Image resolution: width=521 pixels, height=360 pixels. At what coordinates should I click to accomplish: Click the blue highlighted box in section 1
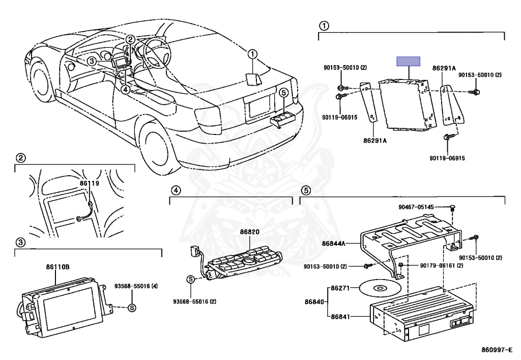(x=408, y=61)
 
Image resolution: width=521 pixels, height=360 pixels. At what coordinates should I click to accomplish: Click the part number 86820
(x=250, y=232)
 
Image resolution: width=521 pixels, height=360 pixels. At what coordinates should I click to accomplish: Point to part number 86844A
(x=333, y=244)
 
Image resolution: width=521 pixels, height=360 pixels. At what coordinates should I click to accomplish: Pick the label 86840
(x=314, y=302)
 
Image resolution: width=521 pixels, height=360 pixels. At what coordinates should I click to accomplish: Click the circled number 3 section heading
(x=19, y=241)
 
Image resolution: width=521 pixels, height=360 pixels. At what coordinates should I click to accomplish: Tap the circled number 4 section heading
(x=175, y=190)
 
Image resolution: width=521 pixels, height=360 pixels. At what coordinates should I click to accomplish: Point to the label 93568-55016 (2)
(x=195, y=301)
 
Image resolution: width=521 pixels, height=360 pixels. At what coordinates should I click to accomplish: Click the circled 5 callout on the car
(x=283, y=92)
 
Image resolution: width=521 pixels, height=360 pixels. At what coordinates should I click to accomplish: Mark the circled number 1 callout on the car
(x=253, y=53)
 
